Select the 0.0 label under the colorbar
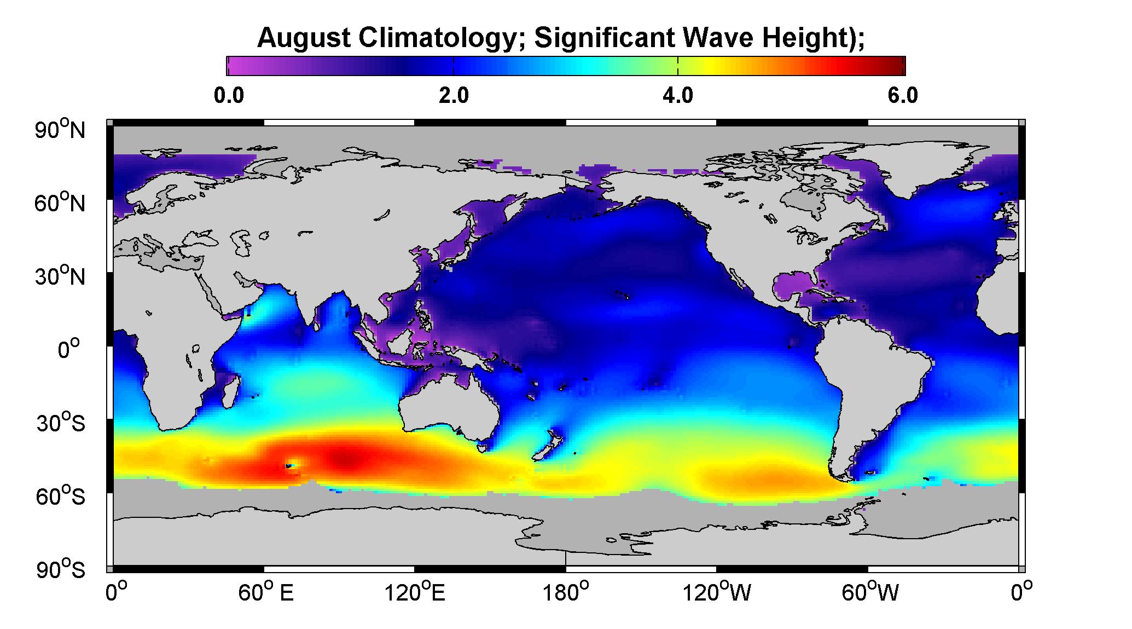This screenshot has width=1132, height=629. (229, 96)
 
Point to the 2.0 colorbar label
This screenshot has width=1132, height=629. (454, 96)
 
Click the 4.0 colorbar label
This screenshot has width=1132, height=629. (678, 96)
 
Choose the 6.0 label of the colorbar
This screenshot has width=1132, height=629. (903, 96)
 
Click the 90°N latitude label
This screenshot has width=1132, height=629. (61, 130)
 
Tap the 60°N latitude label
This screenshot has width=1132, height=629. (61, 203)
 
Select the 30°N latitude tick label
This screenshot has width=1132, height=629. (61, 276)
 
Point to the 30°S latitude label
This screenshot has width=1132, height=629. (61, 423)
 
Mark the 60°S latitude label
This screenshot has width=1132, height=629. (61, 497)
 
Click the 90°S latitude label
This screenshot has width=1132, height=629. (61, 570)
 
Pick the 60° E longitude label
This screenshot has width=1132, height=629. (265, 593)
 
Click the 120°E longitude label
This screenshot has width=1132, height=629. (415, 593)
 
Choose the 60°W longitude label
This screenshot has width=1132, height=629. (870, 593)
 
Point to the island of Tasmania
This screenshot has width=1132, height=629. (481, 448)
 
